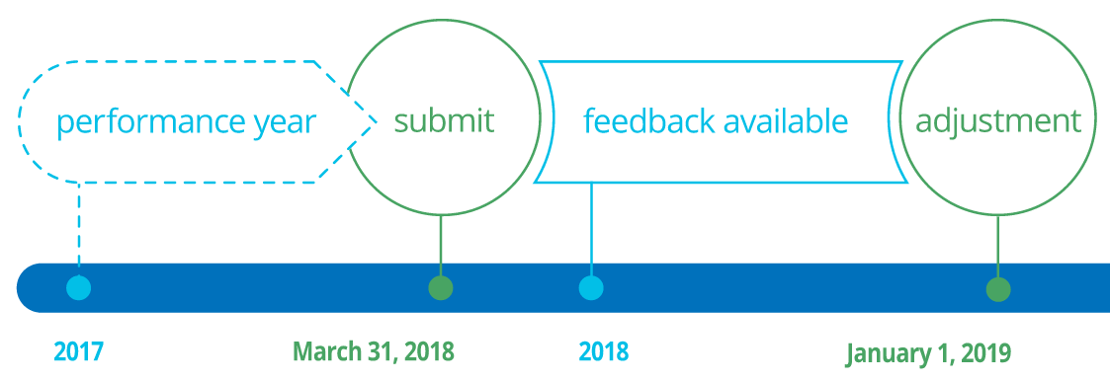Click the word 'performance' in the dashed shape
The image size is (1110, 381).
[x=147, y=122]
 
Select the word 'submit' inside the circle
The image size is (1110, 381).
[x=444, y=121]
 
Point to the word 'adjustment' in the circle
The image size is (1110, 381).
[x=998, y=121]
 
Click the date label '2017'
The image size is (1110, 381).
[x=78, y=351]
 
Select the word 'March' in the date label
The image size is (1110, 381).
[x=325, y=351]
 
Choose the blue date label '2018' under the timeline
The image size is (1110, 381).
[x=603, y=351]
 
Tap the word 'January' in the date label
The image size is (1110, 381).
[x=890, y=352]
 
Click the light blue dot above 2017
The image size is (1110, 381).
[x=78, y=288]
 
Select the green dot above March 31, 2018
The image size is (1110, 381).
[x=441, y=288]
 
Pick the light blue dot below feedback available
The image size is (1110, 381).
[x=591, y=288]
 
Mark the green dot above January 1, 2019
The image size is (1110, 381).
[x=998, y=289]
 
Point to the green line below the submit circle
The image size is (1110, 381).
[x=441, y=242]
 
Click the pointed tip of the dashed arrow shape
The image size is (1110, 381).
[x=377, y=121]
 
